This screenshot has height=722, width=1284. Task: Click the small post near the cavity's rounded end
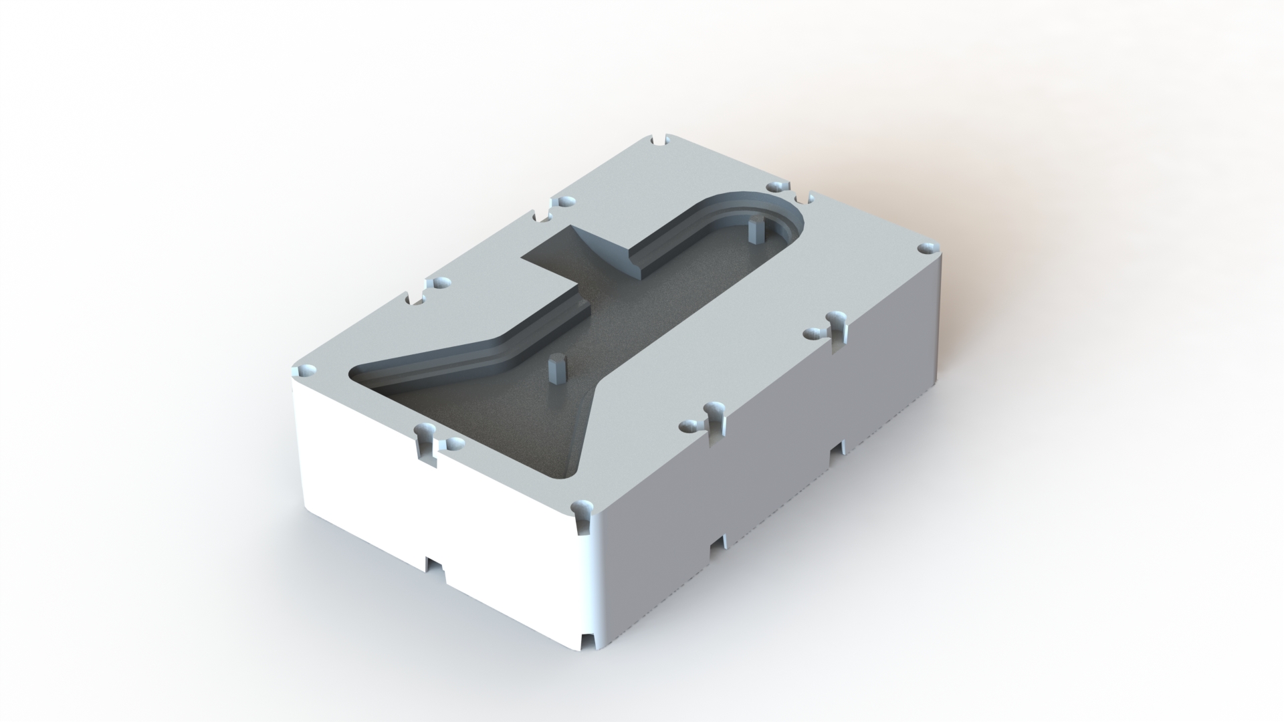click(x=754, y=231)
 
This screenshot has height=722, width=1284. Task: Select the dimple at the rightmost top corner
click(x=926, y=248)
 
